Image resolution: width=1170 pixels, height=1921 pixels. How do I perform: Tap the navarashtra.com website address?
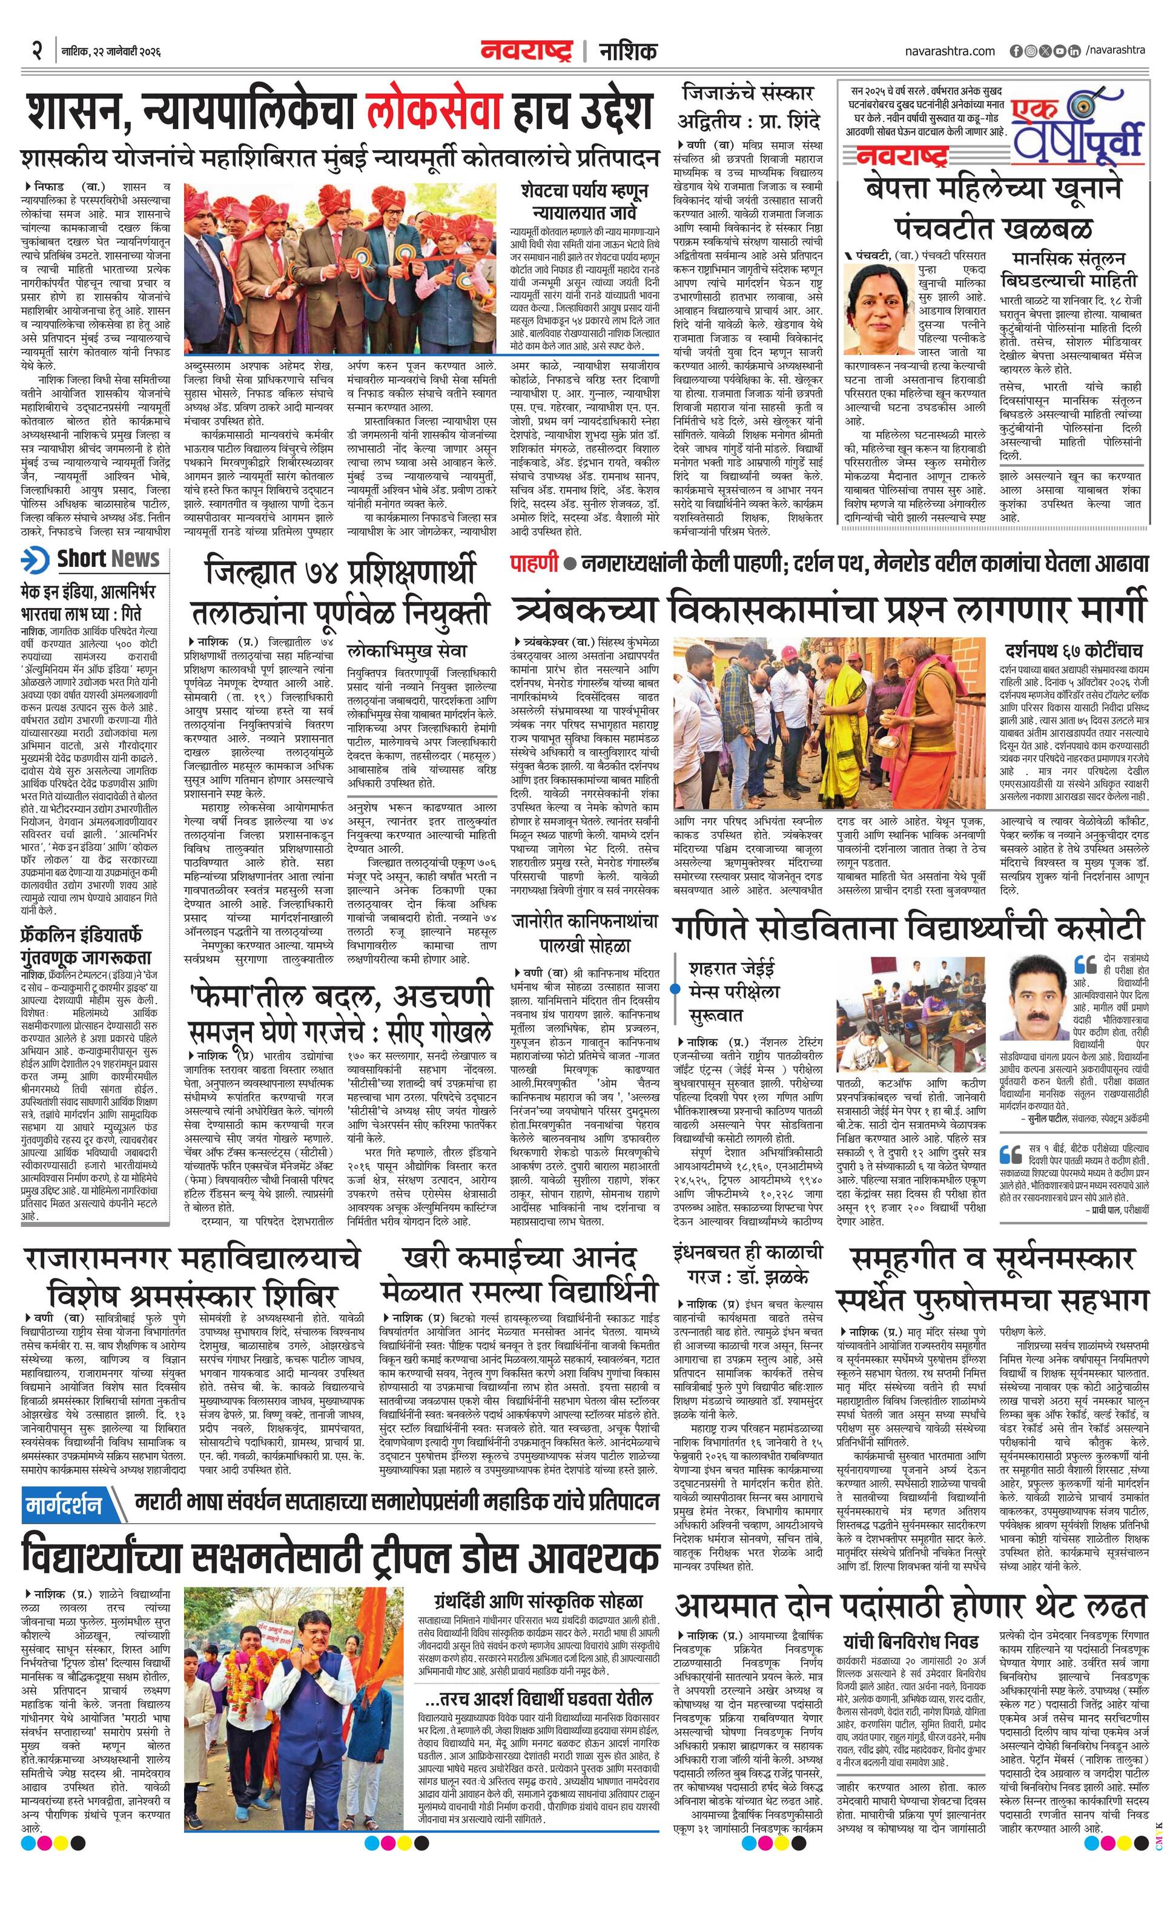(950, 51)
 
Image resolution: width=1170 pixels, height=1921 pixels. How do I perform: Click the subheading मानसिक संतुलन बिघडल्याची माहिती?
(1072, 269)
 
